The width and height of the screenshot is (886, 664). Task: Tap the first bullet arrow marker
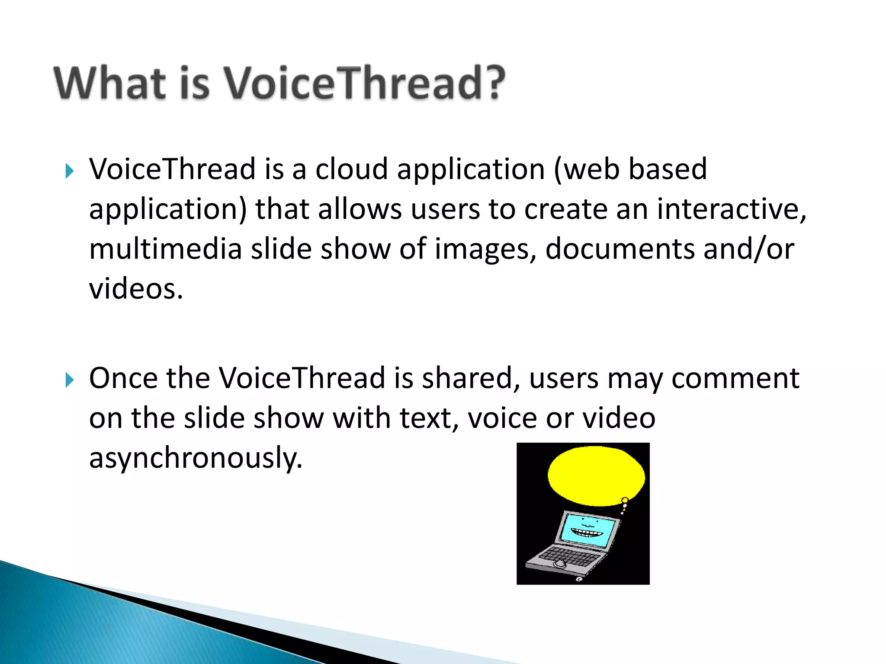coord(69,171)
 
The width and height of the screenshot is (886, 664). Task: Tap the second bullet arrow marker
coord(69,380)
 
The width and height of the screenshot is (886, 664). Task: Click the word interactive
coord(731,209)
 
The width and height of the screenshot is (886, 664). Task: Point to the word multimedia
coord(165,249)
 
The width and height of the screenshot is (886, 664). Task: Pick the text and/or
coord(748,249)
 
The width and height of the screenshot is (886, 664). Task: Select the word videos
coord(136,289)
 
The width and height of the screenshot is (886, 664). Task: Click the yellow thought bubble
coord(596,476)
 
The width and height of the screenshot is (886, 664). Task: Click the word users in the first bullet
coord(445,209)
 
